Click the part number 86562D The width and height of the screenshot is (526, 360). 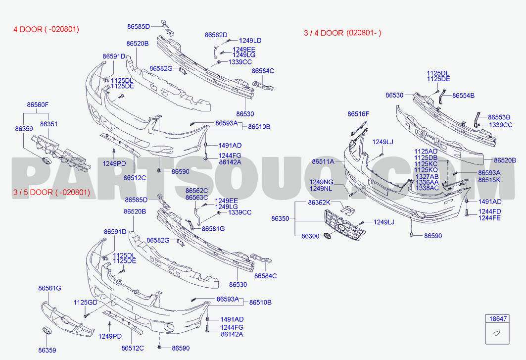click(x=216, y=35)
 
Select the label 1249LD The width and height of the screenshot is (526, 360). click(x=250, y=41)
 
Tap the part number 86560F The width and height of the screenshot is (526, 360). click(x=38, y=105)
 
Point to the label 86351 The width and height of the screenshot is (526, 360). click(x=48, y=124)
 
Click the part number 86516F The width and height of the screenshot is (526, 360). click(x=358, y=114)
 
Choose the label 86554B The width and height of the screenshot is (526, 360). click(x=463, y=96)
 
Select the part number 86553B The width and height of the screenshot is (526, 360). click(x=499, y=117)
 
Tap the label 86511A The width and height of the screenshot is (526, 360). click(x=323, y=161)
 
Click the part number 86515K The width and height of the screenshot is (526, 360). click(x=489, y=180)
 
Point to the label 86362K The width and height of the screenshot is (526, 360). click(x=319, y=203)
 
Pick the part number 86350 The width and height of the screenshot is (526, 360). click(x=280, y=218)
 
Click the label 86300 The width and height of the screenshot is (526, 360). click(x=310, y=236)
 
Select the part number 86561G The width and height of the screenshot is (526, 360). click(x=49, y=288)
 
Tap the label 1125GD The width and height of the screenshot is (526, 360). click(x=85, y=303)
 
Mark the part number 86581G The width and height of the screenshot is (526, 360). click(x=213, y=229)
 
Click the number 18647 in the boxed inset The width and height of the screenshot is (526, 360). click(x=498, y=319)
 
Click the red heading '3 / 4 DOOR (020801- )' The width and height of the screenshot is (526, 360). click(x=342, y=33)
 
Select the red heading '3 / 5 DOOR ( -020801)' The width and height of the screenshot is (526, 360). click(x=51, y=193)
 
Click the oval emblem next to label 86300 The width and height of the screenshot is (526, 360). click(x=328, y=236)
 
